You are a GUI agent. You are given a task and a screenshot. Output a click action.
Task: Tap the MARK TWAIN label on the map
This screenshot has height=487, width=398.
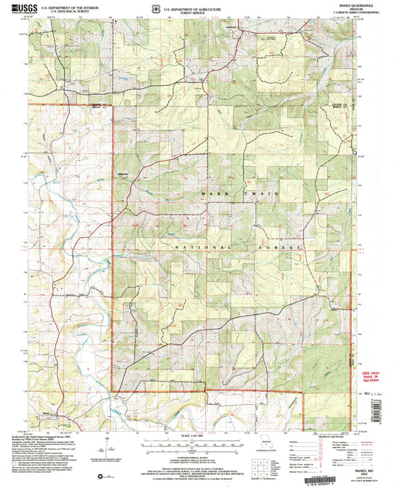[x=229, y=194]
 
